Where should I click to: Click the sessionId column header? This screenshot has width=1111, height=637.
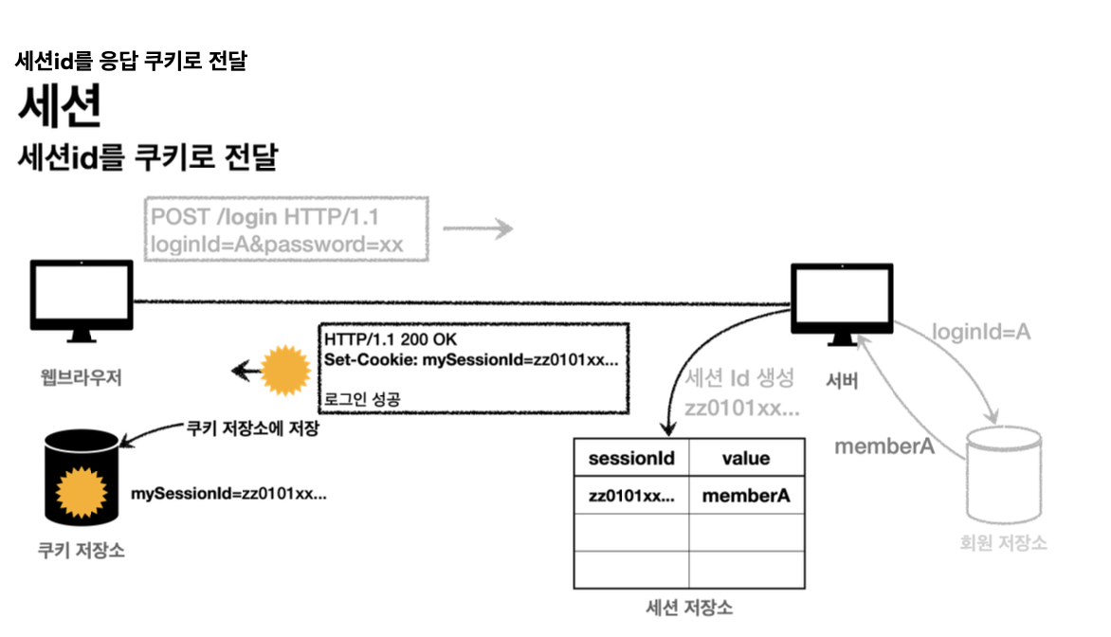coord(631,459)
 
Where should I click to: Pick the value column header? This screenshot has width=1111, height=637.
coord(746,459)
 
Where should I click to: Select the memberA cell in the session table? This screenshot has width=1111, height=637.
coord(746,495)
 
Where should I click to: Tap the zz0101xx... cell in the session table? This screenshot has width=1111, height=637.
coord(631,495)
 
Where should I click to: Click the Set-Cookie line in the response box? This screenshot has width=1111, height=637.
coord(471,360)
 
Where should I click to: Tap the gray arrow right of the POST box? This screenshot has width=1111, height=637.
coord(478,228)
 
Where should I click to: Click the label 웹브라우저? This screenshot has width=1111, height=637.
coord(81,378)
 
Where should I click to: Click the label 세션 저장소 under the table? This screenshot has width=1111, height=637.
coord(689,608)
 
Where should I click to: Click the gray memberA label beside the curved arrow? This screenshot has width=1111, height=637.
coord(883,446)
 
